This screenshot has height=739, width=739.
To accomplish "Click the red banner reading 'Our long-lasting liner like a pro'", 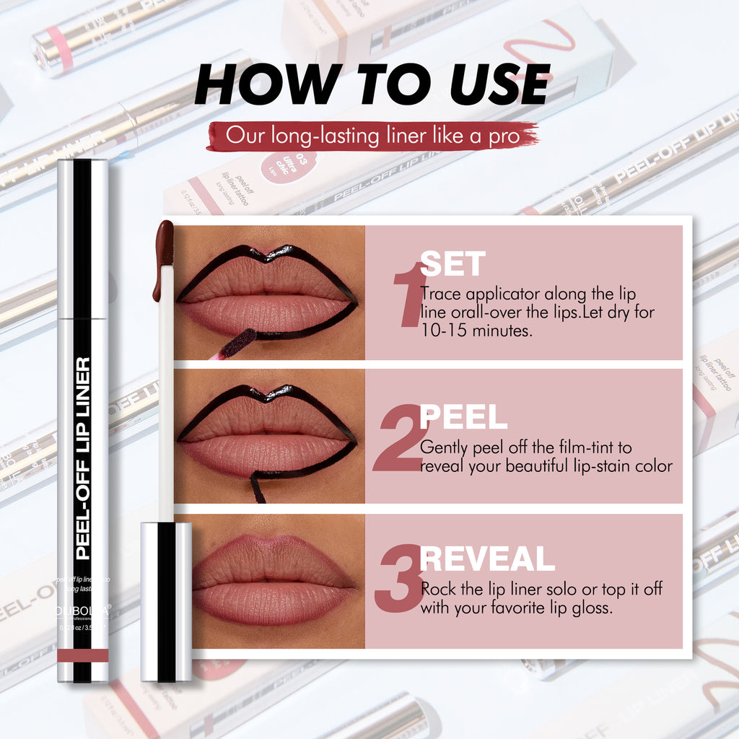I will pos(372,136).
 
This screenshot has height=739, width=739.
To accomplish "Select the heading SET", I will pos(452,265).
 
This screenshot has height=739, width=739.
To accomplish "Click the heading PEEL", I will pos(463,417).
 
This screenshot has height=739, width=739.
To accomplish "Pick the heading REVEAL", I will pos(487,559).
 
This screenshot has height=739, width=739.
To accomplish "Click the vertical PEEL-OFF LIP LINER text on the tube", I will pos(83,458).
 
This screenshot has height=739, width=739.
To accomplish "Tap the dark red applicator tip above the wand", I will pos(164,256).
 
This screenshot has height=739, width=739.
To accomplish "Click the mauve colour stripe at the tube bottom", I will pos(83,655).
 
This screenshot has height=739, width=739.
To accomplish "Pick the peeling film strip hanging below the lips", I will pos(257,487).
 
